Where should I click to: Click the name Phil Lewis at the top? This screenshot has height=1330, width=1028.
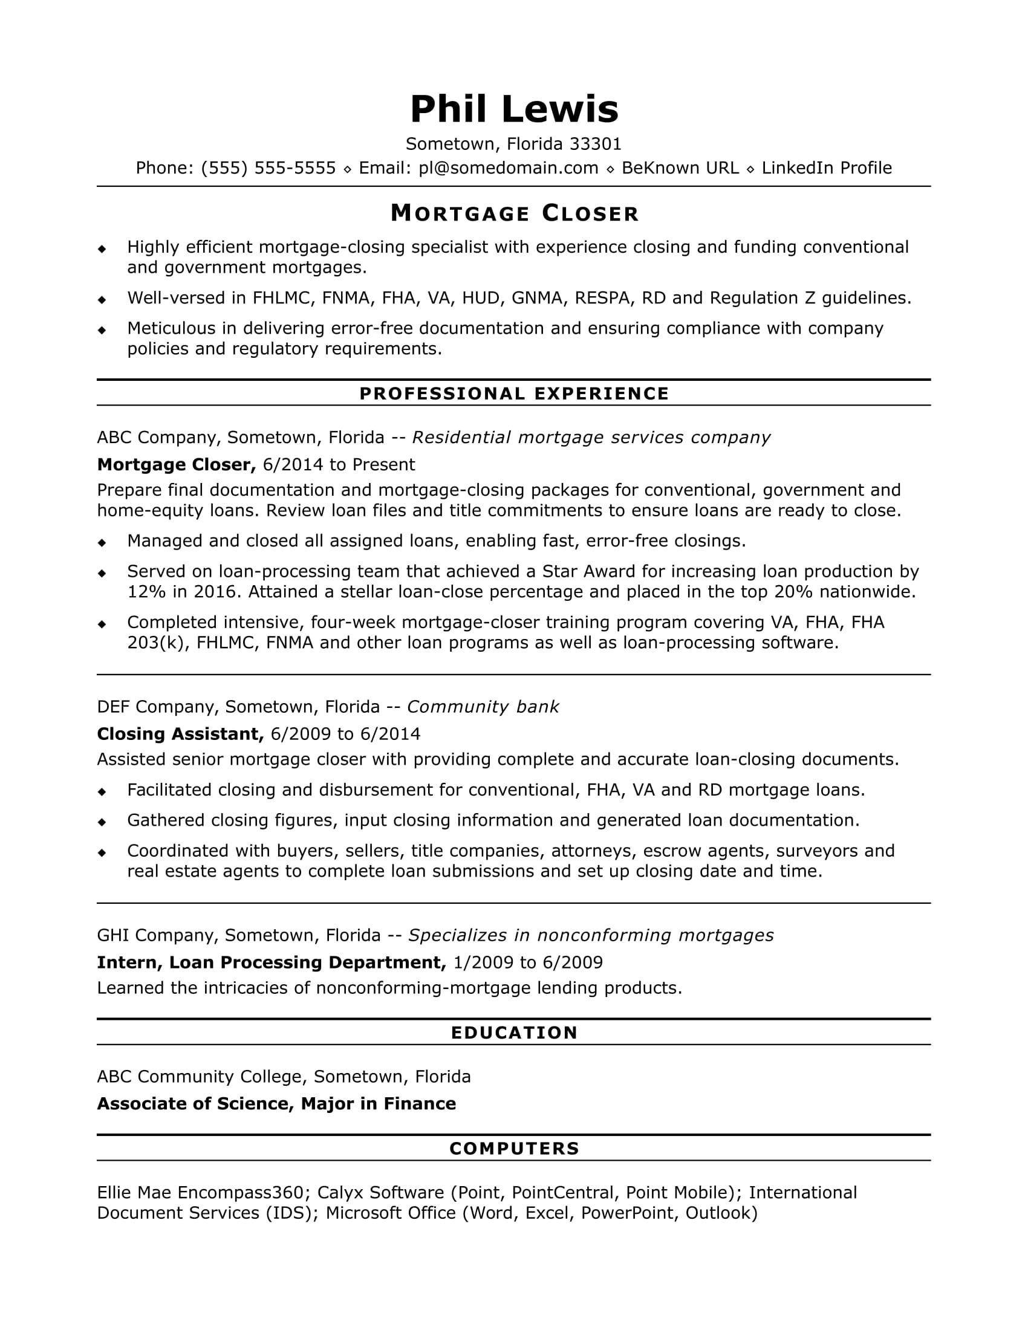[514, 109]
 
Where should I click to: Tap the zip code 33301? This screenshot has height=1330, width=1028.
[595, 144]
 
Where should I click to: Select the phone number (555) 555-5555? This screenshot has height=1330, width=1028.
[268, 168]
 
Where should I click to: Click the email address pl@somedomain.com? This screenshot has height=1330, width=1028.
[509, 168]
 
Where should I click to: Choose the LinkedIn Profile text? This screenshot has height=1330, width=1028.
[827, 168]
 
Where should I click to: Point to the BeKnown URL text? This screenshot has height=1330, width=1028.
[680, 168]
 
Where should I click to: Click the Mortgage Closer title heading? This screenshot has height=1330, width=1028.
[514, 213]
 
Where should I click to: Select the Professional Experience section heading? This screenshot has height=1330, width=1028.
[514, 394]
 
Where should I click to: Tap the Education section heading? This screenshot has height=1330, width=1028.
[514, 1033]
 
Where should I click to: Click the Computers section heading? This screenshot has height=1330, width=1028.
[514, 1149]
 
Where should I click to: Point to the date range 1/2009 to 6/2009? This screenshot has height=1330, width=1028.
[528, 962]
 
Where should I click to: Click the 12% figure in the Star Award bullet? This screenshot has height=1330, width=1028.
[145, 592]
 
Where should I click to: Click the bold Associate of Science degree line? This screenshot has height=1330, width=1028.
[276, 1103]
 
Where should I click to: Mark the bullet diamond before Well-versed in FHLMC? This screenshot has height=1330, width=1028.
[102, 299]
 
